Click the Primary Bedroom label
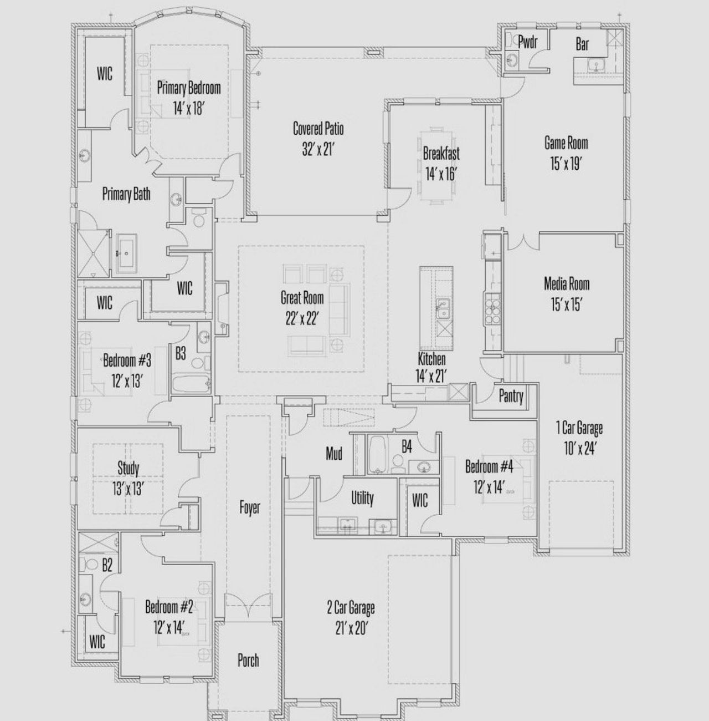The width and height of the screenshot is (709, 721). tap(189, 88)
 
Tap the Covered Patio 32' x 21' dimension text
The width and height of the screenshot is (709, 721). tap(318, 149)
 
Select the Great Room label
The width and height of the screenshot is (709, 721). tap(302, 298)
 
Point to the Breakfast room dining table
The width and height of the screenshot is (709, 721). tap(436, 166)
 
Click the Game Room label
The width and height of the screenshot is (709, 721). tap(566, 143)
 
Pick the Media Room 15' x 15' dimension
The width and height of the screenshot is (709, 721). tap(566, 304)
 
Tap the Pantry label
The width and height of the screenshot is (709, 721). tap(510, 396)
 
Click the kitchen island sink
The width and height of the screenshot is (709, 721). tap(441, 309)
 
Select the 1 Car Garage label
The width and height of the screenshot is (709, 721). tap(579, 428)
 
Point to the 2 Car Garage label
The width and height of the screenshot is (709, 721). tap(350, 607)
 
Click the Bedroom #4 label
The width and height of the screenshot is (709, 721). tap(489, 466)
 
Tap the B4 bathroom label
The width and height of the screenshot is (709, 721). tap(407, 447)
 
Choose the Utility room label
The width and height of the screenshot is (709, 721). tap(362, 498)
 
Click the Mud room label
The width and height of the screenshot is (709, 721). tap(333, 454)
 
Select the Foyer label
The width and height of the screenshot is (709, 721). tap(249, 507)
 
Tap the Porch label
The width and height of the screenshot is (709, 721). tap(248, 660)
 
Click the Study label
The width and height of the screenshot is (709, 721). tap(128, 468)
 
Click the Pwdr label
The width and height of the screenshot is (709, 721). tap(527, 42)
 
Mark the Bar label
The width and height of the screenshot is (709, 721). tap(582, 44)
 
